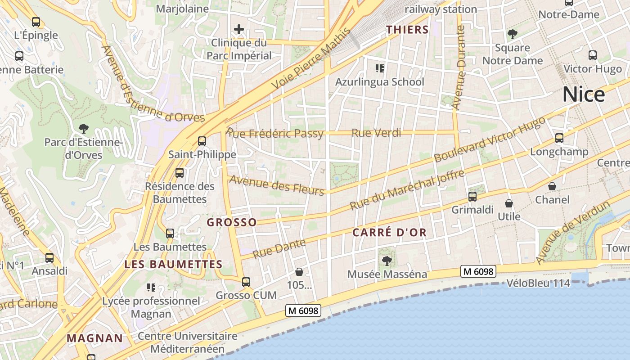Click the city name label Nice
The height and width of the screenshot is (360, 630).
pos(584,94)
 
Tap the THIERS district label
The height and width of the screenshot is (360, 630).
pos(407,30)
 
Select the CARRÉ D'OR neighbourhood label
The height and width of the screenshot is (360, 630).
pos(389,233)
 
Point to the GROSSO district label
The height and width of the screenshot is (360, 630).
pos(232,222)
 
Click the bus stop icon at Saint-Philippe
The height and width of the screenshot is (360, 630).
pos(202,141)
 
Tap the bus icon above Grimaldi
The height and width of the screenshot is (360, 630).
pos(472,196)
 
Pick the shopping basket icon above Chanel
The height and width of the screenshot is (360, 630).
pos(552,186)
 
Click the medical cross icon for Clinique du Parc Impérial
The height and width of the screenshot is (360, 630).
pos(239,30)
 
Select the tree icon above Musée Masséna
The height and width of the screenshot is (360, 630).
pos(387,261)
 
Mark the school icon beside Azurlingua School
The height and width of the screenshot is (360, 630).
pos(379,68)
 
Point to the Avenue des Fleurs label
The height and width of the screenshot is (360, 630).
pos(277,185)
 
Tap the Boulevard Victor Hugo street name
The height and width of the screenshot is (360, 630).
pos(490,139)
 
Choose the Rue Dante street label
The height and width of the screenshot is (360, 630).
pos(279,249)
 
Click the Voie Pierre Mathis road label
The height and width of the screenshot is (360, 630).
pos(311,58)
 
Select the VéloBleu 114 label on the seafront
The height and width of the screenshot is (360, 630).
pos(538,283)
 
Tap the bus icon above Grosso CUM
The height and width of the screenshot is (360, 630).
pos(246,282)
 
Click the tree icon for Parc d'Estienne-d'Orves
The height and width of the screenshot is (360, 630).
pos(83,129)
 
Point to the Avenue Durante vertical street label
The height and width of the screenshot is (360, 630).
pos(459,67)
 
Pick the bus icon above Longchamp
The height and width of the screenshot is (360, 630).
pos(559,138)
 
